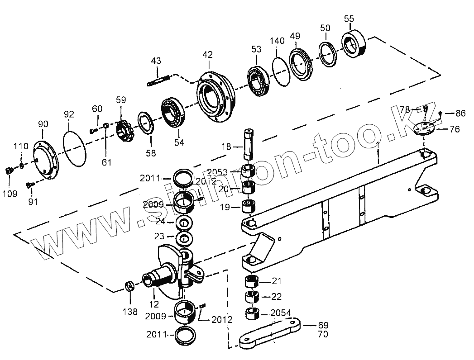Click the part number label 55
tap(349, 19)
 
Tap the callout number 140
tap(277, 41)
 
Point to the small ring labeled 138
tap(129, 286)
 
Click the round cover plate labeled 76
tap(425, 128)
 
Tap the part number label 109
tap(10, 194)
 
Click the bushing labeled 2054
tap(251, 313)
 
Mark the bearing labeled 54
tap(173, 113)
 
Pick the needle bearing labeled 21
tap(252, 282)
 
